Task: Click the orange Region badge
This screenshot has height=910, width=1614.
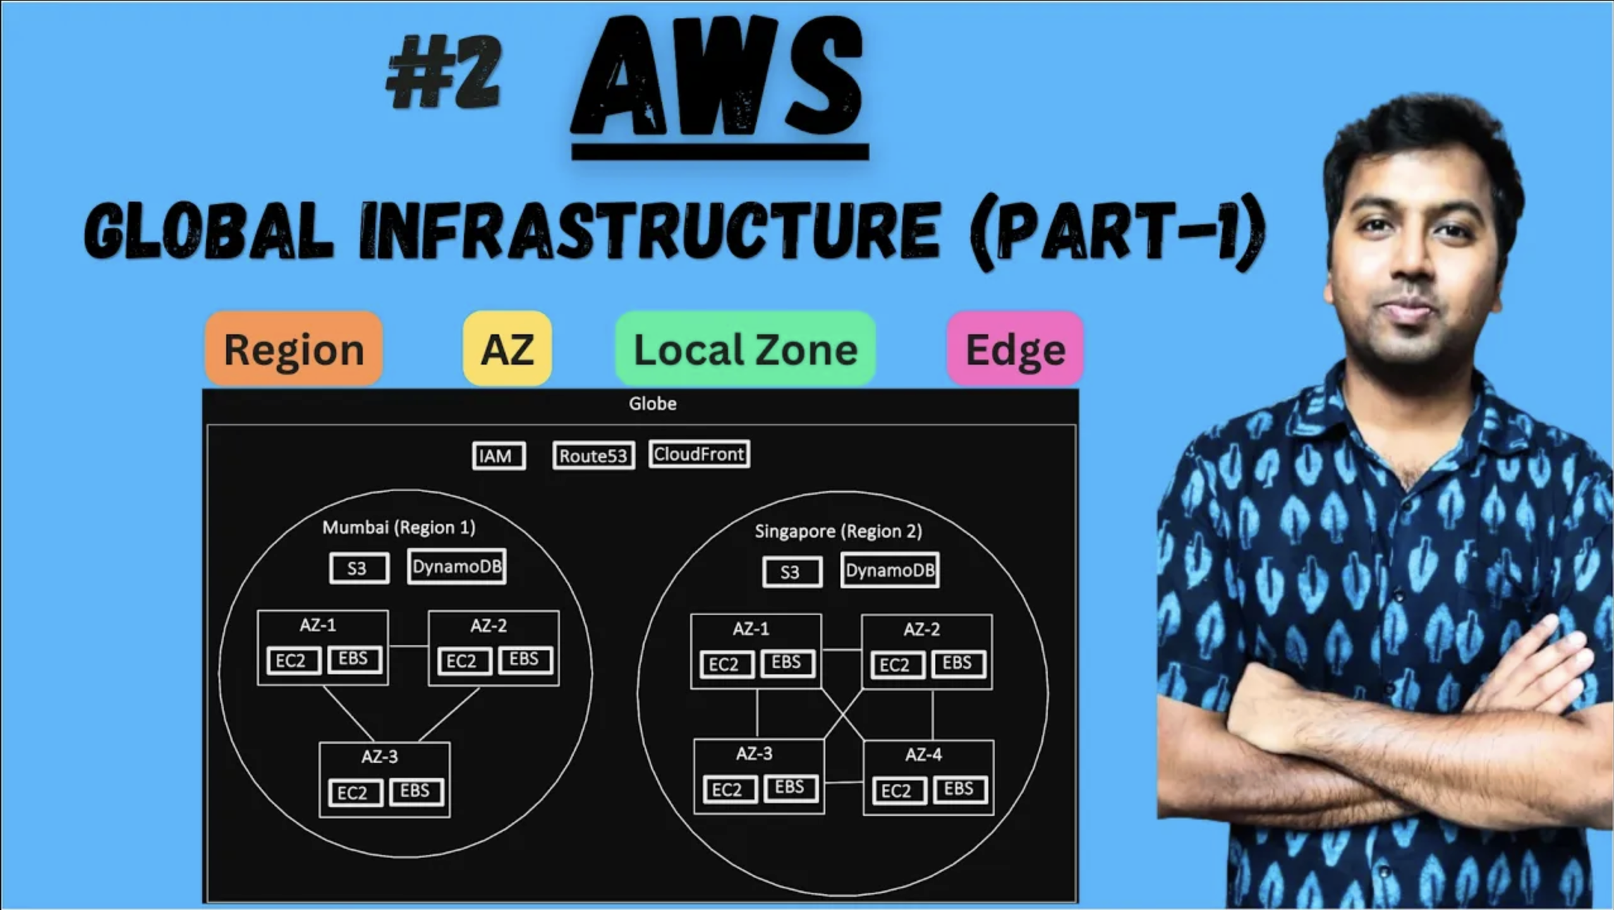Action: pos(294,349)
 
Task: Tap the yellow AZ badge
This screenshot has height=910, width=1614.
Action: pos(507,349)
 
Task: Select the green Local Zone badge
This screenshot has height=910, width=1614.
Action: pos(746,349)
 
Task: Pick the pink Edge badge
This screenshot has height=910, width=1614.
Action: pos(1016,349)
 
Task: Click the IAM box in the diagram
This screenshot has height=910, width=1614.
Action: pos(499,456)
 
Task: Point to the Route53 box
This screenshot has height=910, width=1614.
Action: pos(593,456)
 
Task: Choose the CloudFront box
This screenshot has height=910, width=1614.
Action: pos(699,454)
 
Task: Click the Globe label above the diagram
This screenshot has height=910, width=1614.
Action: pos(653,404)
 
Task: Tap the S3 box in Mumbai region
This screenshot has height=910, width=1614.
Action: pos(359,568)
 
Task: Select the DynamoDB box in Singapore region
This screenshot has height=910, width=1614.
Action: pos(890,571)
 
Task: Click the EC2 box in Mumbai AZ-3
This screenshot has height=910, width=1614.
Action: pos(355,792)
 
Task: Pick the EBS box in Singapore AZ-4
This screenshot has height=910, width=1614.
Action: pos(960,789)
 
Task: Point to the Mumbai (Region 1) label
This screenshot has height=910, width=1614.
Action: pos(399,528)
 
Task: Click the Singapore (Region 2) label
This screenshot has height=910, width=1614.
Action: pos(839,531)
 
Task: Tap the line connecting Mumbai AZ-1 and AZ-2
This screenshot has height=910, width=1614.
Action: pos(408,646)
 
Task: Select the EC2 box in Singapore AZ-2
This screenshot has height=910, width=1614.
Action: pos(897,665)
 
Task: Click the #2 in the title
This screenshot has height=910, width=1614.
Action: pos(444,71)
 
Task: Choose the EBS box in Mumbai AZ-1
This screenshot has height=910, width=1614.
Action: pos(355,659)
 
